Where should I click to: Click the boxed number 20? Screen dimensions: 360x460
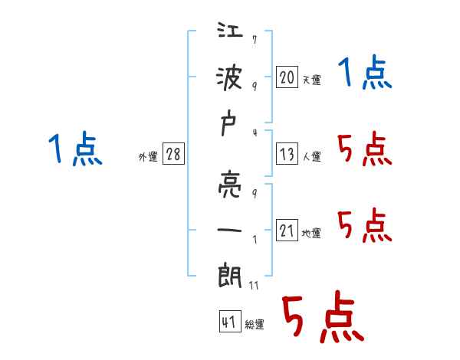pos(287,77)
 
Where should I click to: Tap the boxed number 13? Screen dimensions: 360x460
pos(287,155)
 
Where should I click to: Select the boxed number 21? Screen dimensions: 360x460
pos(287,231)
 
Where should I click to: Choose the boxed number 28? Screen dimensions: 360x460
pos(173,154)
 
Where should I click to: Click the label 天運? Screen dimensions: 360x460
pos(311,80)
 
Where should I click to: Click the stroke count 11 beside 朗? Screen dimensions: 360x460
pos(255,286)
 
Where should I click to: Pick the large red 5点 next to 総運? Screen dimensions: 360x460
pos(322,318)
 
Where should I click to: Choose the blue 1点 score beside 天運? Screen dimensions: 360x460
pos(365,74)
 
